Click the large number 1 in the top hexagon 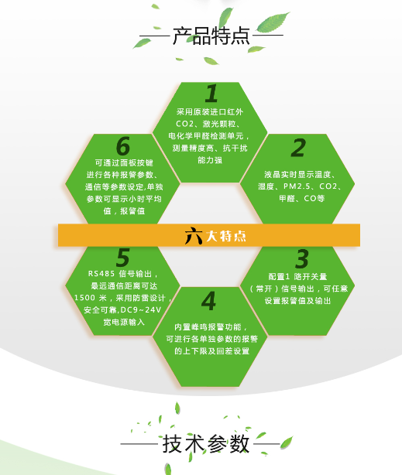pos(211,94)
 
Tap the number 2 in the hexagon pos(298,148)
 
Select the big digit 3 pos(302,259)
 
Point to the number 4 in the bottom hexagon pos(208,301)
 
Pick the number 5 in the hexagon pos(123,257)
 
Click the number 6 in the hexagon pos(123,146)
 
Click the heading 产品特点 pos(211,36)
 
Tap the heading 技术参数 pos(206,444)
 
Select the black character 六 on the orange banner pos(194,235)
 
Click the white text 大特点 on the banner pos(226,236)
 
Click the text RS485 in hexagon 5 pos(101,274)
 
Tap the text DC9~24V pos(141,310)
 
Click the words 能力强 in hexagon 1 pos(210,160)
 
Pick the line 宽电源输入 pos(124,322)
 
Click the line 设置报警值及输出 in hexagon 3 pos(297,301)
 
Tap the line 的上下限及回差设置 pos(211,350)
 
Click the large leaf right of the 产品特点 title pos(273,22)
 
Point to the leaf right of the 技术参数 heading pos(287,443)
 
